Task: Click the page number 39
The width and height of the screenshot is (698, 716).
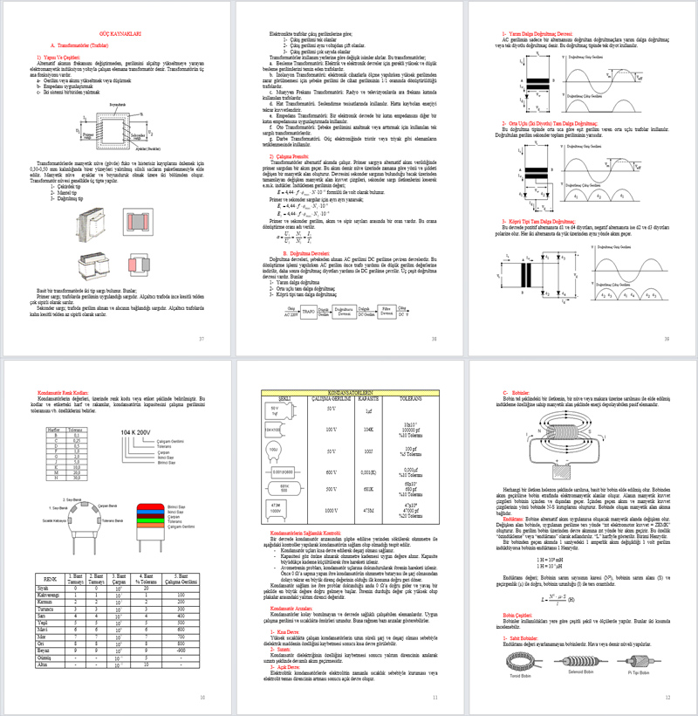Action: [x=666, y=338]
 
